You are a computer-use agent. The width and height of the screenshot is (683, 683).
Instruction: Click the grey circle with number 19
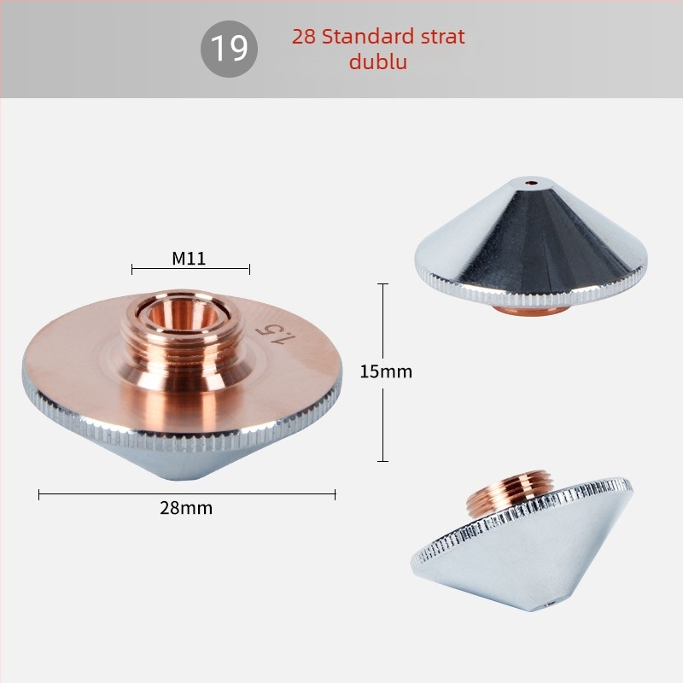[x=229, y=49]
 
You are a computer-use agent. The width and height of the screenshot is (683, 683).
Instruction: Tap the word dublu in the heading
[x=378, y=61]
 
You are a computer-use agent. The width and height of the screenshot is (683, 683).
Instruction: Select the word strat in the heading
[x=443, y=37]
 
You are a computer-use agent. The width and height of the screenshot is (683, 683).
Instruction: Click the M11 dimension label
[x=189, y=259]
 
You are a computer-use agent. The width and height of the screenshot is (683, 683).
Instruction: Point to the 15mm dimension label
[x=386, y=371]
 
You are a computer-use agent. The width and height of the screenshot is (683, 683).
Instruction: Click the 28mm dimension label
[x=186, y=508]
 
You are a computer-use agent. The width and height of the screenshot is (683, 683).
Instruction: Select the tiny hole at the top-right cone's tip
[x=530, y=182]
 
